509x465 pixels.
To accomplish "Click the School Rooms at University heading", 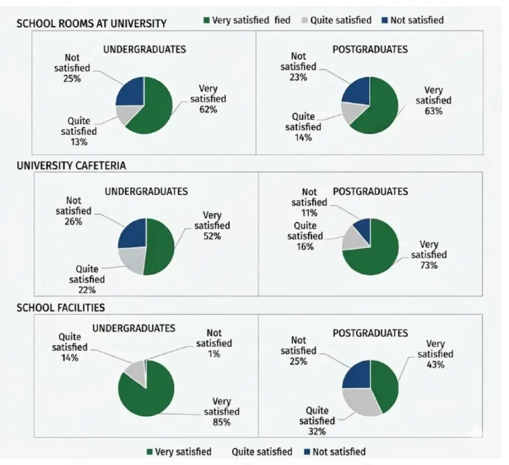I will (x=91, y=23).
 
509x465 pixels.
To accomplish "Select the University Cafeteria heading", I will (x=71, y=165).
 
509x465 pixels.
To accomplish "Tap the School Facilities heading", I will (x=60, y=307).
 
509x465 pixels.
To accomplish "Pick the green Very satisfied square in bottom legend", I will (x=149, y=452).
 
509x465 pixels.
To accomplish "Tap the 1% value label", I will (x=214, y=354).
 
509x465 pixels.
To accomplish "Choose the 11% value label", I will (x=309, y=213).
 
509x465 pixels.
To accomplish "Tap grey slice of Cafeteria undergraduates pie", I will (x=132, y=260).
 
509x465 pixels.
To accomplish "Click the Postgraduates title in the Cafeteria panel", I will (x=370, y=191).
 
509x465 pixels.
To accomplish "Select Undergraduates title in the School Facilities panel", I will (x=134, y=328).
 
